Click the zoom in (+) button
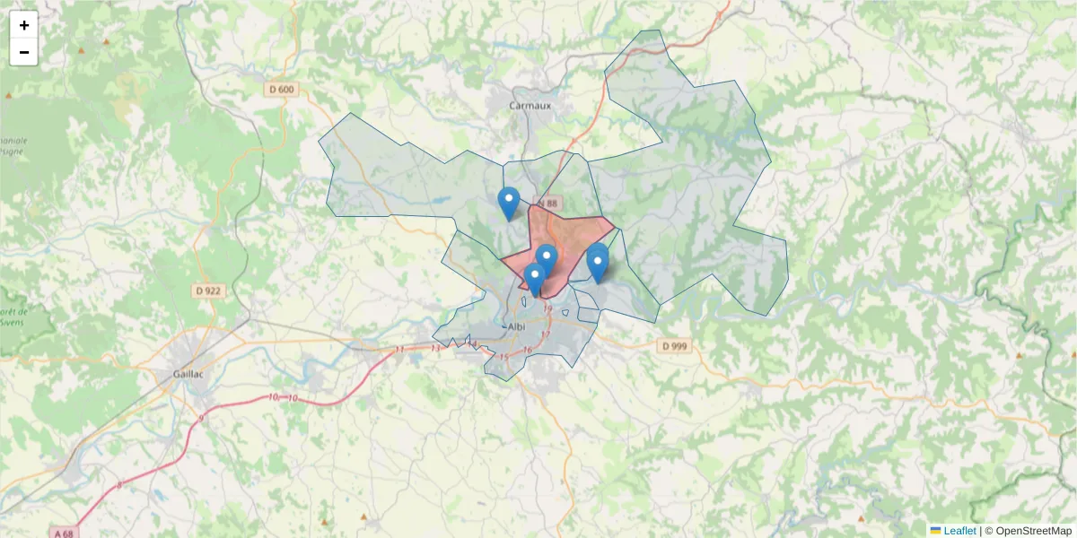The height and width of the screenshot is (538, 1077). [24, 25]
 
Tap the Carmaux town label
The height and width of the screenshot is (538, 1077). [530, 105]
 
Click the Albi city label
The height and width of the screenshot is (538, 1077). [516, 326]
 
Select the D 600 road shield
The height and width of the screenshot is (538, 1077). [281, 89]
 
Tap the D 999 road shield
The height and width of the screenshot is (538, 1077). [676, 346]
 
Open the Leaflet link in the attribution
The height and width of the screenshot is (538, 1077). [959, 531]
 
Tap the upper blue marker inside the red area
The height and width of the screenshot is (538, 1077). [546, 260]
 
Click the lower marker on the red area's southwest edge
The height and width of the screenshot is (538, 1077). [535, 279]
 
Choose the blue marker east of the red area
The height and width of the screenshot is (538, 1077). [598, 263]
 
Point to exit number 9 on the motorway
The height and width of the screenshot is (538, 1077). [202, 418]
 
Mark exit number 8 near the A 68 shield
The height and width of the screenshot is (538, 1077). [119, 485]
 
